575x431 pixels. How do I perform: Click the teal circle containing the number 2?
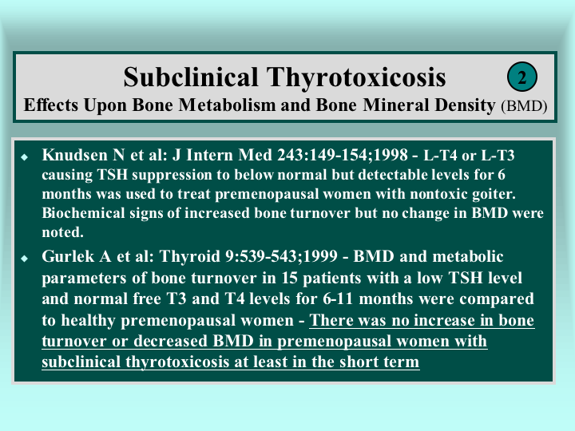tap(522, 77)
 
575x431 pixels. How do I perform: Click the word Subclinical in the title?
tap(191, 77)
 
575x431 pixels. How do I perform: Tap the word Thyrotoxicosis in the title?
tap(356, 78)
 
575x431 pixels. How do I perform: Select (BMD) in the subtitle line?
tap(524, 106)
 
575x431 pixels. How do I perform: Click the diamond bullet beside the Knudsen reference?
tap(25, 157)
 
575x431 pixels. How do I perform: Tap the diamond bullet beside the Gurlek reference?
tap(25, 259)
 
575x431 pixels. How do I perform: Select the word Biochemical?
tap(83, 213)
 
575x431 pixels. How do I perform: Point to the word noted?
tap(63, 232)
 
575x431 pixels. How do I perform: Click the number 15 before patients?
tap(290, 279)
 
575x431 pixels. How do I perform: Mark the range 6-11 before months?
tap(338, 299)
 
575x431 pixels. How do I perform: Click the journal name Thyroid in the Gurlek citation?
tap(190, 257)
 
